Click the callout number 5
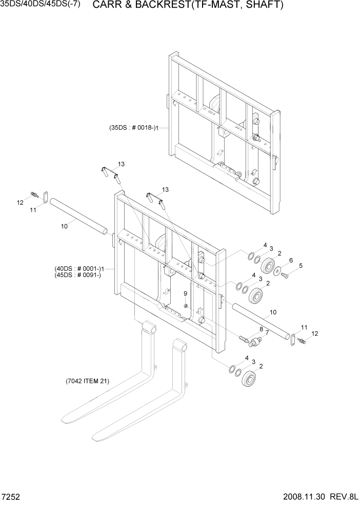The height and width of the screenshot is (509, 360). (301, 265)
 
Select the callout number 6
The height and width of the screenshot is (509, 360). (290, 260)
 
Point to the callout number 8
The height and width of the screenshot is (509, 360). (261, 329)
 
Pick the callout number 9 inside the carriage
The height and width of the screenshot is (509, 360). (185, 293)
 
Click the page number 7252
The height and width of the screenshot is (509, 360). (10, 498)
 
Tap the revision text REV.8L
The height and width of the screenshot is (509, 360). (344, 498)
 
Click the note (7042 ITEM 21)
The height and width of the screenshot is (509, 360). (87, 381)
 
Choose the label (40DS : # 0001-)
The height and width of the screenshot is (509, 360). (78, 268)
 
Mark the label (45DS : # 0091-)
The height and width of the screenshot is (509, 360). (78, 275)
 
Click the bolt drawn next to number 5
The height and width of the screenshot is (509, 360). (286, 276)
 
